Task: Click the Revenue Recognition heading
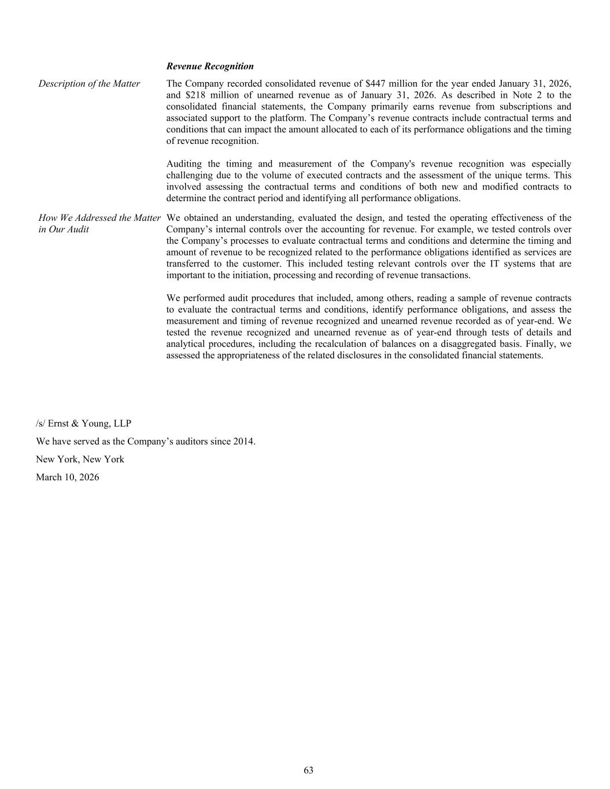(x=210, y=66)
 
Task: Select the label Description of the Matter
(x=89, y=84)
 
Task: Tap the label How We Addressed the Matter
(x=99, y=218)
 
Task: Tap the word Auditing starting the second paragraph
(x=184, y=164)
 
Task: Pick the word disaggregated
(x=461, y=344)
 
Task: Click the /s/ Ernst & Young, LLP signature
(x=83, y=424)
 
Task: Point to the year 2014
(x=243, y=442)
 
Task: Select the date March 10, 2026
(x=67, y=477)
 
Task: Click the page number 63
(x=309, y=770)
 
